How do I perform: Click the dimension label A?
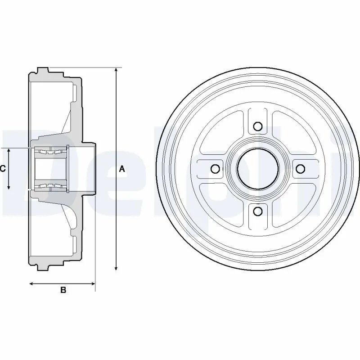121,169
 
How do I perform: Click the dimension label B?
63,291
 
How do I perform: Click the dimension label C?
3,169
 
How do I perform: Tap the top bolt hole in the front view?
258,126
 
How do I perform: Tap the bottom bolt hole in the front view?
258,211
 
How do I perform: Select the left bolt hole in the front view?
215,169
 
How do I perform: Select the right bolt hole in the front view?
301,169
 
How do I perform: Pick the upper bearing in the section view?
49,152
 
